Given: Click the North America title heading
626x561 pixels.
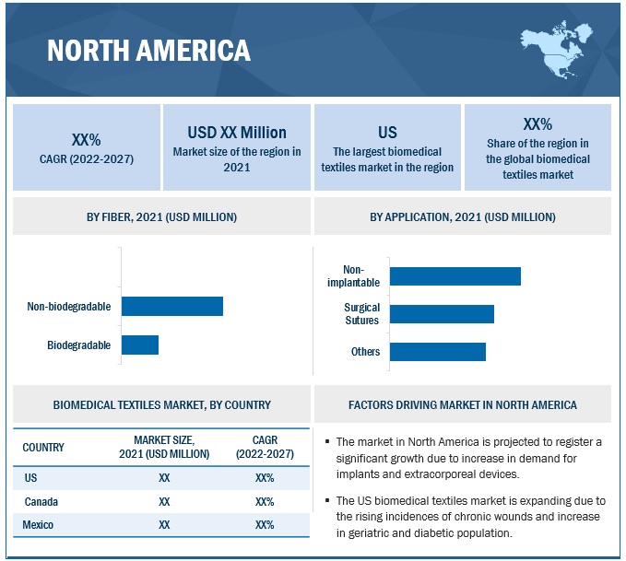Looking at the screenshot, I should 148,50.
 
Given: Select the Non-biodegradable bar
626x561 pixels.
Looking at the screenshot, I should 172,307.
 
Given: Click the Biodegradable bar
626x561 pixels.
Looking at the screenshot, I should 140,345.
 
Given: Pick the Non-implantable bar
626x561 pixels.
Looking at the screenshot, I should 455,275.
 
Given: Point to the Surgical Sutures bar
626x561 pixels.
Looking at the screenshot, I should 442,314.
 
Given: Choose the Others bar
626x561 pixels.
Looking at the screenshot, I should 438,352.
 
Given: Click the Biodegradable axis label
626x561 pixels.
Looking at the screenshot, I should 79,345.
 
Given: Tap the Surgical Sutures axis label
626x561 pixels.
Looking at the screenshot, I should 362,314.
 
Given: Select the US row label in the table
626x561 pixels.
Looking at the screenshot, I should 31,478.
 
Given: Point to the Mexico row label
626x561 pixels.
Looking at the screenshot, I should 39,525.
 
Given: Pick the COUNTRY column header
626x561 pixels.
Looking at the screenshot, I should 43,448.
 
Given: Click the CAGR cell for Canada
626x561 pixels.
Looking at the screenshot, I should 265,502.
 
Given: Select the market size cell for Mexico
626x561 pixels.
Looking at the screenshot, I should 164,525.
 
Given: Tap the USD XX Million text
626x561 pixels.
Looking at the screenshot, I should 237,133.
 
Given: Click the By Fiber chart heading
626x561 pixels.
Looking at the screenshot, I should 161,217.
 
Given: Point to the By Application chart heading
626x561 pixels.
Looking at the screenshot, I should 463,217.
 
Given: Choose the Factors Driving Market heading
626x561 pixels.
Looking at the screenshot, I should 463,404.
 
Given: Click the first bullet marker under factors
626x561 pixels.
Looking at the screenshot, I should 327,442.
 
